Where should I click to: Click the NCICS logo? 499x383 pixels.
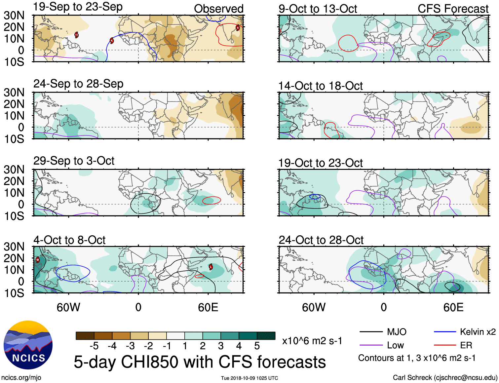tap(28, 345)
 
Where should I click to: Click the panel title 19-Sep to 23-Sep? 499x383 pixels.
tap(78, 7)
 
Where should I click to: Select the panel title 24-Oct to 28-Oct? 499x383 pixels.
tap(321, 240)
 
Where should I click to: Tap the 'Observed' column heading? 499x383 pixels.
tap(218, 9)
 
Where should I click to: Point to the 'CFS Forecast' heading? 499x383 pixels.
tap(453, 9)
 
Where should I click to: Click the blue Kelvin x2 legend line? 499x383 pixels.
tap(445, 332)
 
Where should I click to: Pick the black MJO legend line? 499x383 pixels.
tap(371, 332)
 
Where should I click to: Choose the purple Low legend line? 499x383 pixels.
tap(371, 345)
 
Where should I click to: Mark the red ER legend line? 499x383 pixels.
tap(445, 345)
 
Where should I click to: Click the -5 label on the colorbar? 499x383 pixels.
tap(94, 346)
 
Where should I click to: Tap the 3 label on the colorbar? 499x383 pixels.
tap(221, 346)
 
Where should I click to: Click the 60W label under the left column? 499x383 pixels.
tap(68, 307)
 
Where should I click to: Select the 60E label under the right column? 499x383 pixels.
tap(453, 307)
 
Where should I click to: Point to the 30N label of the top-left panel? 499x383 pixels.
tap(14, 15)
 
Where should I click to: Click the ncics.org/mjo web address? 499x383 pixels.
tap(21, 377)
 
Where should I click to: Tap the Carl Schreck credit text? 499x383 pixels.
tap(445, 377)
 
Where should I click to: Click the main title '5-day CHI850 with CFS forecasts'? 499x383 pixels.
tap(200, 362)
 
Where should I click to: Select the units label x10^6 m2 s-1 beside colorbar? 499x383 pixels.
tap(312, 341)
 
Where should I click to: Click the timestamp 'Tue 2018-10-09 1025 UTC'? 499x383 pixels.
tap(249, 378)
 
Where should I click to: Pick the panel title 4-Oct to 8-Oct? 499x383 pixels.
tap(69, 240)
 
